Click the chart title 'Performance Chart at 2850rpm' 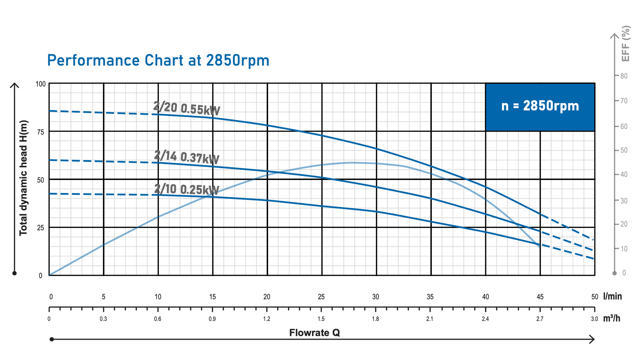158,61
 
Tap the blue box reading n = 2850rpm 540,107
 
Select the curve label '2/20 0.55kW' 187,109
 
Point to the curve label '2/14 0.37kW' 187,157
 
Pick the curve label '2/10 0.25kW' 187,189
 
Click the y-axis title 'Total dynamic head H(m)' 23,178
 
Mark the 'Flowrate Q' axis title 314,333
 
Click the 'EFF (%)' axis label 625,44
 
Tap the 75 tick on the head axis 40,132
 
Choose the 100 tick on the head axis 40,84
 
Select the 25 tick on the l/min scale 321,297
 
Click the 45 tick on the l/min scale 540,297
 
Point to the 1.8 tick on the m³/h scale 375,319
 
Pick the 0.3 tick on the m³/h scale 103,319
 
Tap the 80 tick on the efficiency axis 624,76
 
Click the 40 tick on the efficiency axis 624,174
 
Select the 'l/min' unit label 612,296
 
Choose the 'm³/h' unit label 612,319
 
